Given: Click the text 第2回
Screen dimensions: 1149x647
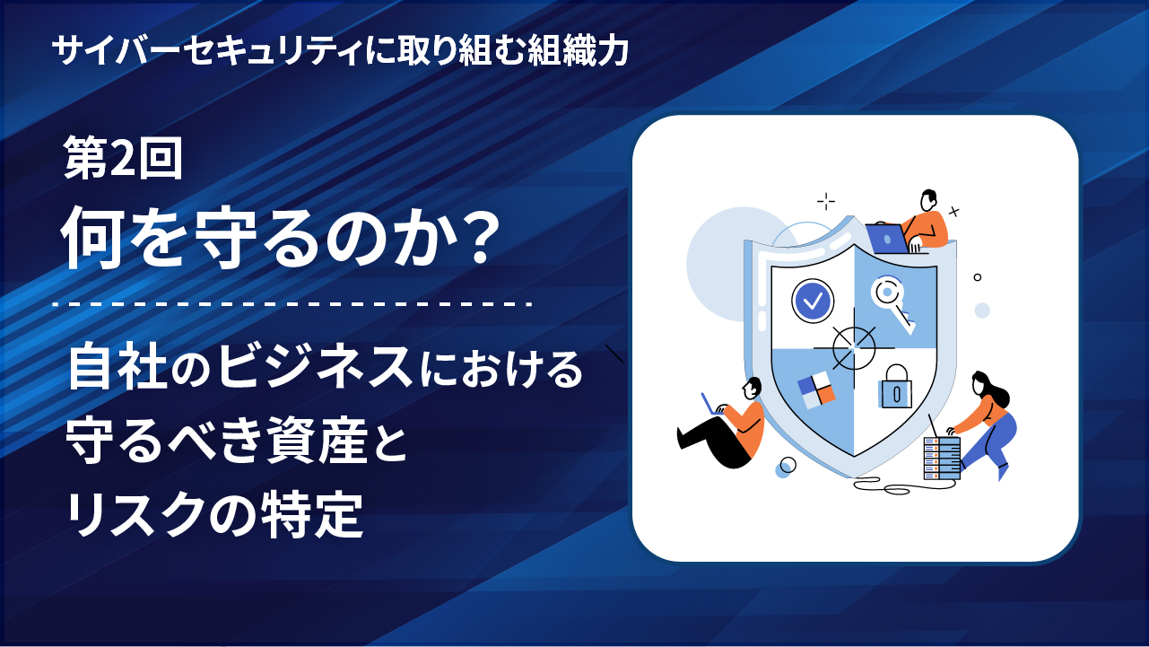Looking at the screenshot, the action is pyautogui.click(x=123, y=158).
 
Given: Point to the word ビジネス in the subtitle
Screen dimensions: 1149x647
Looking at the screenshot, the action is pyautogui.click(x=314, y=368).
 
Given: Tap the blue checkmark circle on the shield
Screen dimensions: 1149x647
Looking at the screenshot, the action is pyautogui.click(x=813, y=301).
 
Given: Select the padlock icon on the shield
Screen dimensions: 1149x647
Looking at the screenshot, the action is pyautogui.click(x=895, y=387).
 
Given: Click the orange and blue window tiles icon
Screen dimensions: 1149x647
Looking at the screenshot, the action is pyautogui.click(x=816, y=390).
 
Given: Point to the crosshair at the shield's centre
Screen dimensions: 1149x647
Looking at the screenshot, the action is pyautogui.click(x=854, y=348).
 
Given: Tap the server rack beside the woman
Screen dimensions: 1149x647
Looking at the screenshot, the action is pyautogui.click(x=942, y=458).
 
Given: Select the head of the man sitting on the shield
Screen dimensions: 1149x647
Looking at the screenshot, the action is pyautogui.click(x=928, y=200).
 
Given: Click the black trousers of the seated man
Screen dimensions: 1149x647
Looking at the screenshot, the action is pyautogui.click(x=714, y=442).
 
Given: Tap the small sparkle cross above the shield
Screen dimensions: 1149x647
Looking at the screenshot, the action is pyautogui.click(x=825, y=202).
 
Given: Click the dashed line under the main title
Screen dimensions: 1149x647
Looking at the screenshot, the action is pyautogui.click(x=292, y=303).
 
